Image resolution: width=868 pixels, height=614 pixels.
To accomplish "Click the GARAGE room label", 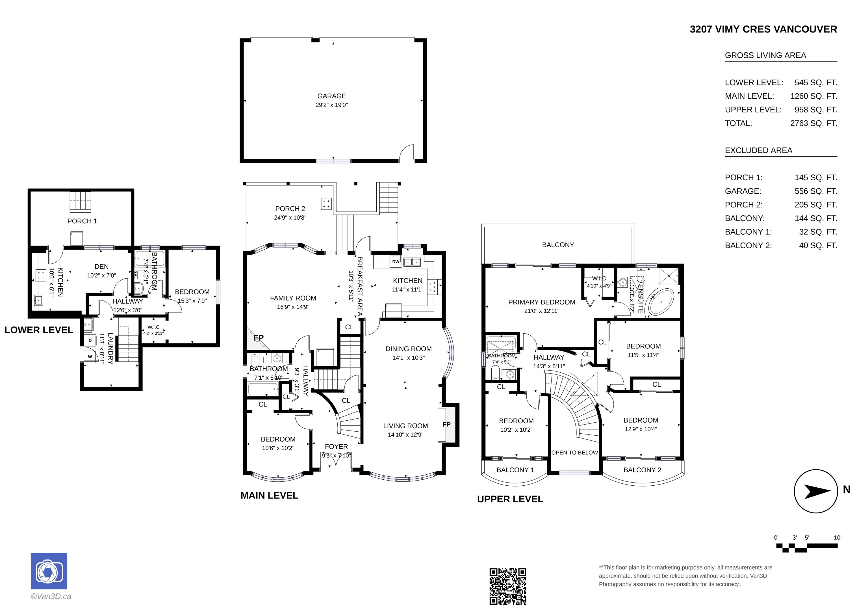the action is pyautogui.click(x=331, y=96).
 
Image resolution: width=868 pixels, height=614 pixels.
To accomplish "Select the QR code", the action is pyautogui.click(x=508, y=586).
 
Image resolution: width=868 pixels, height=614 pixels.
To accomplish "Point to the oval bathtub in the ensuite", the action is pyautogui.click(x=661, y=303).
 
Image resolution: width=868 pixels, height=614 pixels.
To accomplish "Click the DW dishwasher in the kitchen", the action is pyautogui.click(x=396, y=261).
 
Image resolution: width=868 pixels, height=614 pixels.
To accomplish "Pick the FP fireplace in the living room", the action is pyautogui.click(x=446, y=425).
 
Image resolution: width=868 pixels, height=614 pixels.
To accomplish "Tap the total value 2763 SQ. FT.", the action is pyautogui.click(x=813, y=123).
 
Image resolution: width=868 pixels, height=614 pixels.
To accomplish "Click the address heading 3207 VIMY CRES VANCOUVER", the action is pyautogui.click(x=763, y=29).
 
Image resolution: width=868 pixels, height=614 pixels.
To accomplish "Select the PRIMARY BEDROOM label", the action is pyautogui.click(x=542, y=302).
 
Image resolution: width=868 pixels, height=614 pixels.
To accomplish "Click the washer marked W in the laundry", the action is pyautogui.click(x=90, y=357).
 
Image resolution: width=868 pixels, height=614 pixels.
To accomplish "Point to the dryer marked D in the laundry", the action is pyautogui.click(x=90, y=340).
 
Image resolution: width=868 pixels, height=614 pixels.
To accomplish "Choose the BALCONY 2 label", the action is pyautogui.click(x=642, y=470).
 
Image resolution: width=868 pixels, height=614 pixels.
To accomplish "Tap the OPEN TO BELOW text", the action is pyautogui.click(x=575, y=453).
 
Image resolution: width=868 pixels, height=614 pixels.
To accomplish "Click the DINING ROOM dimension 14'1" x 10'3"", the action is pyautogui.click(x=409, y=358).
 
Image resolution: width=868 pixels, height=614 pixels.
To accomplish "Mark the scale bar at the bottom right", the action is pyautogui.click(x=807, y=547).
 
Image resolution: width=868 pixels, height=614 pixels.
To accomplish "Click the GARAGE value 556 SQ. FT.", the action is pyautogui.click(x=816, y=191).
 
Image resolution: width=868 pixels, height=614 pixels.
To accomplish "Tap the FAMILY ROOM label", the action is pyautogui.click(x=293, y=298).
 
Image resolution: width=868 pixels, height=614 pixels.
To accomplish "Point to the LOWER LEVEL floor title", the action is pyautogui.click(x=38, y=330).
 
